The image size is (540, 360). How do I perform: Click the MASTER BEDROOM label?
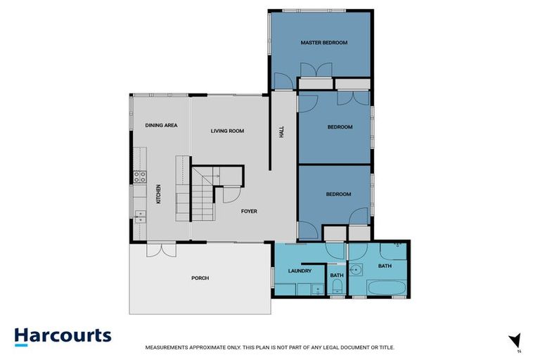coord(324,43)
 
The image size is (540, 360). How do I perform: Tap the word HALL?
coord(281,131)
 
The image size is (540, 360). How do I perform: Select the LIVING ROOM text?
coord(227,131)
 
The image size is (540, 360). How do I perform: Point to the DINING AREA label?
coord(161,125)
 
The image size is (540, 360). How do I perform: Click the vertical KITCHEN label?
coord(159,194)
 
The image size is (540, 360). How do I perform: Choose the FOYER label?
coord(249,211)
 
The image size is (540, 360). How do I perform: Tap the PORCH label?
coord(200,278)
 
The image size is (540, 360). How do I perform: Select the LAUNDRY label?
coord(300,271)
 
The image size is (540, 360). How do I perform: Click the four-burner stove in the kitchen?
coord(139,177)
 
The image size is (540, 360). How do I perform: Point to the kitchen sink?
coord(139,214)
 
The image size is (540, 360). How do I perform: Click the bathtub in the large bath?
coord(386,288)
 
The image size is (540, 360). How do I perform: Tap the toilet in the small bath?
coord(337,285)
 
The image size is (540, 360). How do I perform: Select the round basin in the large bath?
coord(358,269)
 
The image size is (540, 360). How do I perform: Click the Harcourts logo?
coord(63,335)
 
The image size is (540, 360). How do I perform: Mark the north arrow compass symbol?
coord(515,340)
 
